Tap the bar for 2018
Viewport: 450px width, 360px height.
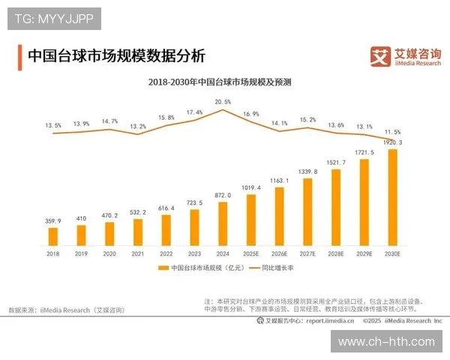pos(53,236)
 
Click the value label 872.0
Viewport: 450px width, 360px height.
pos(223,195)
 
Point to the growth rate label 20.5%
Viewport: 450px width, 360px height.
pos(223,101)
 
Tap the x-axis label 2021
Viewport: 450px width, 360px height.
pos(138,254)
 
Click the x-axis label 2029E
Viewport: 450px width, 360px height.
pos(364,254)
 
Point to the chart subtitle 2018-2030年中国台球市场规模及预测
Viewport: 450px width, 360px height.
pos(220,81)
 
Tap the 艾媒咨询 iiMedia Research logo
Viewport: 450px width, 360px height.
pos(406,55)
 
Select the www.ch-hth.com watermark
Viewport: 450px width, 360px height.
pos(386,341)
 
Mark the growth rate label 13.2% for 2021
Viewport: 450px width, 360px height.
pos(138,126)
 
